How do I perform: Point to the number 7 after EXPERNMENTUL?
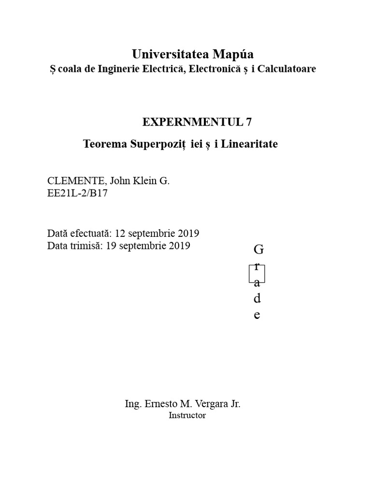[249, 122]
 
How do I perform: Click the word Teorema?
[104, 144]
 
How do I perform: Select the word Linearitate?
[249, 144]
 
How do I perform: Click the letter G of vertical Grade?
[258, 250]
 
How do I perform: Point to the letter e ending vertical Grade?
[257, 316]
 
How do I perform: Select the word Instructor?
[187, 415]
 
